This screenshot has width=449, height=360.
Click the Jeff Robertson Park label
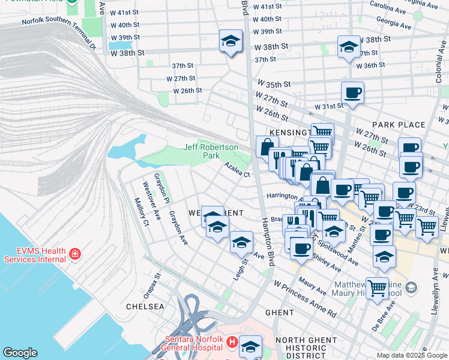click(x=211, y=151)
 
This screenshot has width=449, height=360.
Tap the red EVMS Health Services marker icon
click(x=74, y=254)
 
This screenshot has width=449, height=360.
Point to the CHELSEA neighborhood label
click(x=145, y=306)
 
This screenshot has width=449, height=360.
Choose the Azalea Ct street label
click(x=237, y=169)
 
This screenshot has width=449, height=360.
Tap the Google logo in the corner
click(x=20, y=352)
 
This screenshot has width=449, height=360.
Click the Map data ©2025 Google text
click(x=411, y=355)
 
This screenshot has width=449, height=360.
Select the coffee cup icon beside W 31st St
click(x=352, y=93)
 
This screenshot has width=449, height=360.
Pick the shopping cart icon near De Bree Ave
click(x=377, y=288)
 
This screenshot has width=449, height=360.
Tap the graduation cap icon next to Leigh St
click(x=241, y=242)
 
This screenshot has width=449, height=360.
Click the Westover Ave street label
click(x=151, y=200)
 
